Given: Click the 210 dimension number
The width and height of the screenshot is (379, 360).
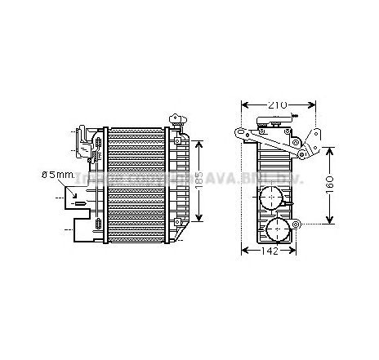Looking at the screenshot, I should [278, 105].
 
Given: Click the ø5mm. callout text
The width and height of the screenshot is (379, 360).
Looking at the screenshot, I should [58, 174].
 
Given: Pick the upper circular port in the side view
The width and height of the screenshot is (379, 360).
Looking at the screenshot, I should [269, 198].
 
